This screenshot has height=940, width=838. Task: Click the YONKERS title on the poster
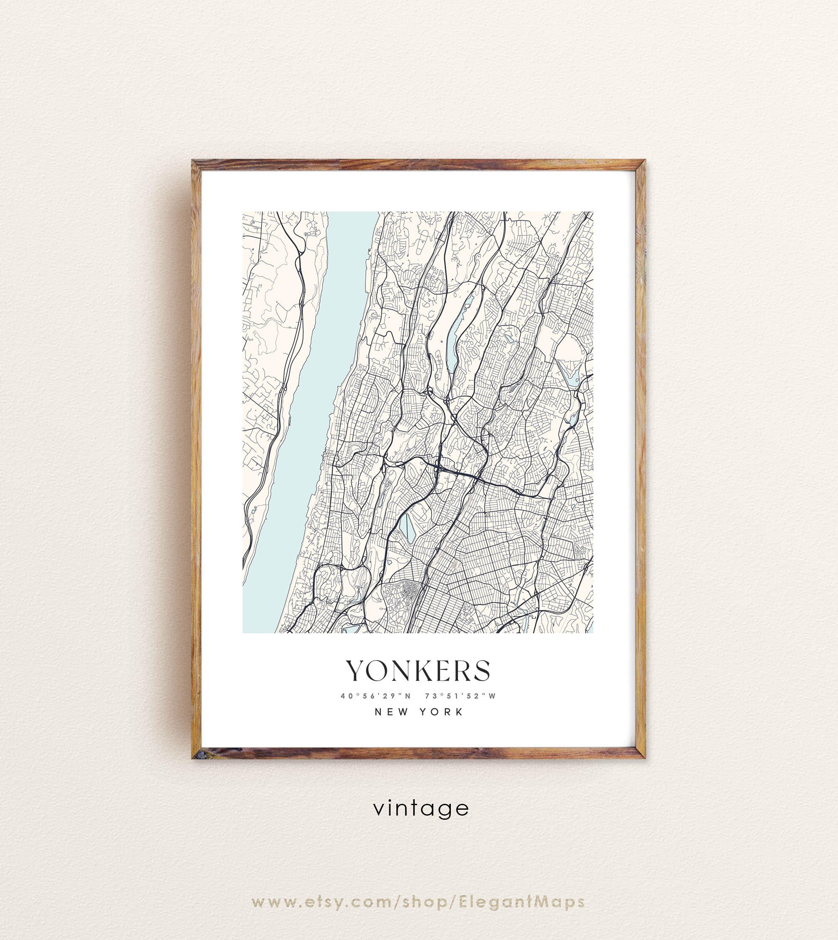(418, 671)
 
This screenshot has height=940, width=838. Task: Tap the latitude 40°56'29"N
(376, 696)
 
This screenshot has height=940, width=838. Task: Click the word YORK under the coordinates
(441, 712)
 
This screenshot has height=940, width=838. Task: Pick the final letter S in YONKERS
(481, 671)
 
